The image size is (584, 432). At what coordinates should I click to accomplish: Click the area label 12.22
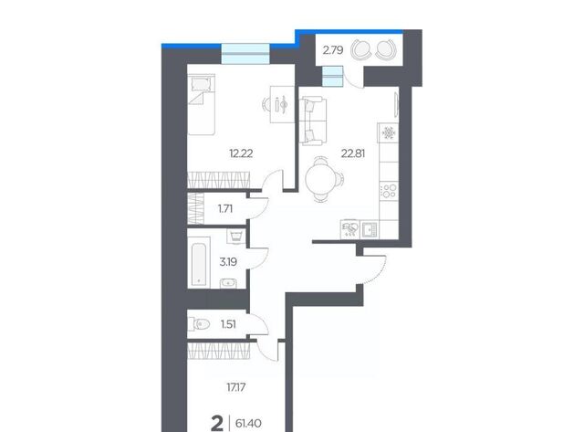(241, 153)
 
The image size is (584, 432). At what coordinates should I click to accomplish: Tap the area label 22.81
(353, 153)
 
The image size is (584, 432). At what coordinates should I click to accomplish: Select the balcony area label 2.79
(333, 50)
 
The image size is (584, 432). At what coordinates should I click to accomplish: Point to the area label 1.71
(225, 209)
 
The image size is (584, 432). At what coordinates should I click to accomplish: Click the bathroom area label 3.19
(228, 262)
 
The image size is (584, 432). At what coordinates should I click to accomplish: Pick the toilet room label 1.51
(228, 324)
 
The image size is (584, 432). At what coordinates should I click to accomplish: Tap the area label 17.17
(236, 387)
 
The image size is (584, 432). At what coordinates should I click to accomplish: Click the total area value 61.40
(248, 424)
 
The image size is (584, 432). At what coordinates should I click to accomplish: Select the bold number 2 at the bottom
(217, 424)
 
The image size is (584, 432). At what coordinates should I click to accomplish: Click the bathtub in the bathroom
(199, 263)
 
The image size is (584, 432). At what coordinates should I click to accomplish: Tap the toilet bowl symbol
(200, 324)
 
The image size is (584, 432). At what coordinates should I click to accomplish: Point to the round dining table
(320, 179)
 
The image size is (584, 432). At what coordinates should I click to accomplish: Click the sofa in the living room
(313, 120)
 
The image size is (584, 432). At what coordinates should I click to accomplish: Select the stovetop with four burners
(389, 191)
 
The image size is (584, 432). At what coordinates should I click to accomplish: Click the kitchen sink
(370, 229)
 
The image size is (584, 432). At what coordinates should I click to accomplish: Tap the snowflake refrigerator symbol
(389, 132)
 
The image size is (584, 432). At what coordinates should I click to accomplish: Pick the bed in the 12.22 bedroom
(202, 104)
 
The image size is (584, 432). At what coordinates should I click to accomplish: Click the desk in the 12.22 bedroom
(282, 104)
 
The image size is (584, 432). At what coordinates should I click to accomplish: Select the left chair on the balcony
(361, 49)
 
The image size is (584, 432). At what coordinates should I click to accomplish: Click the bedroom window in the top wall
(245, 54)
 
